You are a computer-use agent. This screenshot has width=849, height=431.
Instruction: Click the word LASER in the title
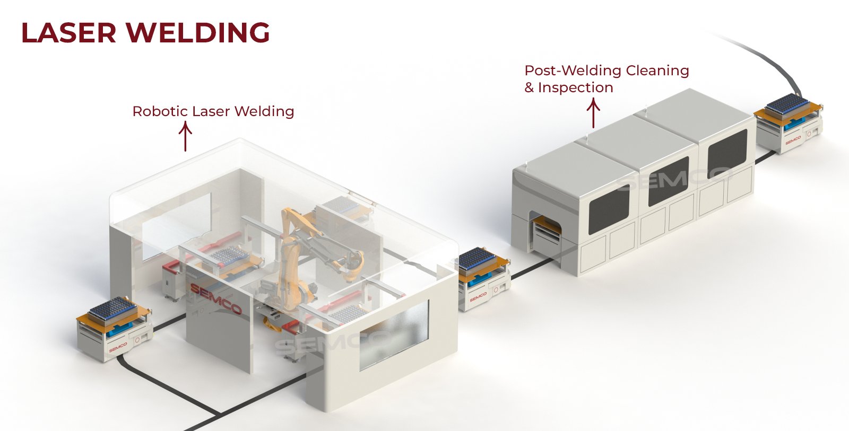68,33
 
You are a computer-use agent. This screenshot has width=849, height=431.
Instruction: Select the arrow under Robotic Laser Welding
185,136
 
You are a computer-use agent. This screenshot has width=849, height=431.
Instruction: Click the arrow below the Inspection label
593,113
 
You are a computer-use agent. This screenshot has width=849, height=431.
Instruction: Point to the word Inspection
575,87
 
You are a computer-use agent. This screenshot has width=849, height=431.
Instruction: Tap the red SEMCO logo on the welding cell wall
215,298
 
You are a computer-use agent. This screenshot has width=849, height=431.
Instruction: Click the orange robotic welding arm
294,249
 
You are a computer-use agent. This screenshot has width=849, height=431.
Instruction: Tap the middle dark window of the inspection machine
668,181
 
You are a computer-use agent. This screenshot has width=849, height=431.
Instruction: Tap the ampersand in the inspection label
529,88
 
